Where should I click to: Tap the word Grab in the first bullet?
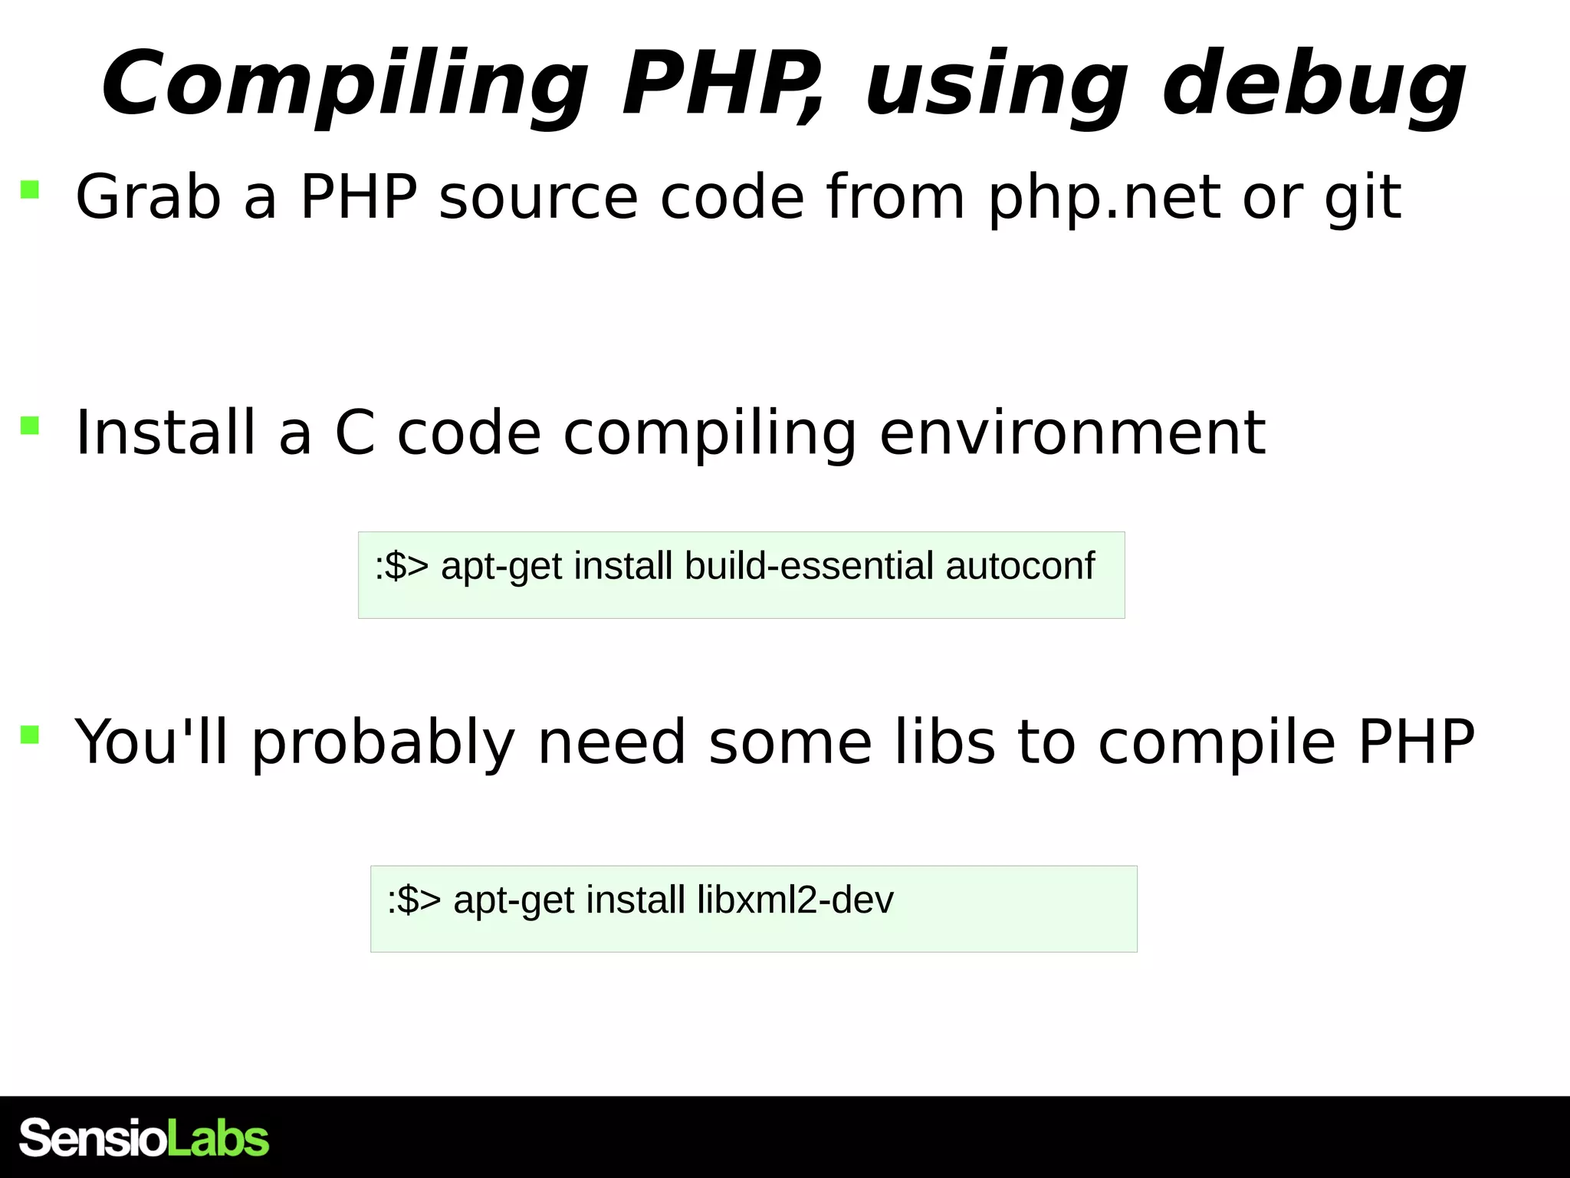point(148,197)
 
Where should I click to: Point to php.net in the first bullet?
point(1103,197)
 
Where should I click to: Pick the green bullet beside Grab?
point(30,189)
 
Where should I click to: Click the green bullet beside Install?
point(30,426)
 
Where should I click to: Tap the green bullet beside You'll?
point(30,735)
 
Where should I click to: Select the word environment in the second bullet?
point(1072,433)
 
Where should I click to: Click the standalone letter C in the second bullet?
point(355,433)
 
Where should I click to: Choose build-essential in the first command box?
point(809,566)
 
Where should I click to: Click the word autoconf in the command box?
point(1020,566)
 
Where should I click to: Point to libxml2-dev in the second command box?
point(795,900)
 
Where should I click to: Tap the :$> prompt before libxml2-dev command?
point(414,900)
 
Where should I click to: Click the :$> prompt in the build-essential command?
point(402,566)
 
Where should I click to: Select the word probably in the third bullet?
point(383,742)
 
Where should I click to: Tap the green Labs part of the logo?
point(218,1138)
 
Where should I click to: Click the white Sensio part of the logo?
point(92,1138)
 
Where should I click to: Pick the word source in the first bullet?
point(538,197)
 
